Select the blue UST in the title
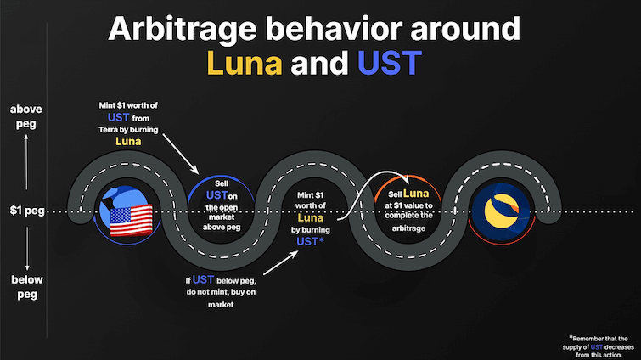coord(393,63)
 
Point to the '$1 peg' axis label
coord(27,210)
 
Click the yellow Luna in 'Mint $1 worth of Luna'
coord(306,219)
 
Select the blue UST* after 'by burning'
coord(309,241)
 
